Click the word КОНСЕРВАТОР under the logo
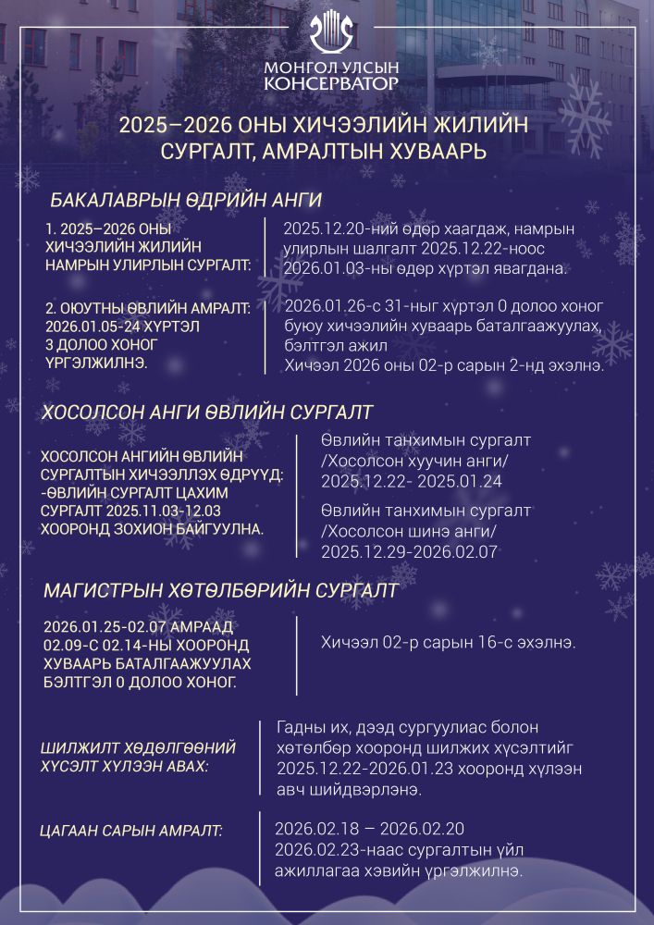click(x=331, y=84)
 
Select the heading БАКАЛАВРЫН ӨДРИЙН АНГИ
click(x=186, y=201)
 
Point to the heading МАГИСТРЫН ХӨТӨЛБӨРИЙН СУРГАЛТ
click(x=221, y=590)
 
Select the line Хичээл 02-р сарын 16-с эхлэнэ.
click(x=448, y=642)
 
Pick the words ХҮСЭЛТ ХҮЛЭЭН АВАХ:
click(x=125, y=767)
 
